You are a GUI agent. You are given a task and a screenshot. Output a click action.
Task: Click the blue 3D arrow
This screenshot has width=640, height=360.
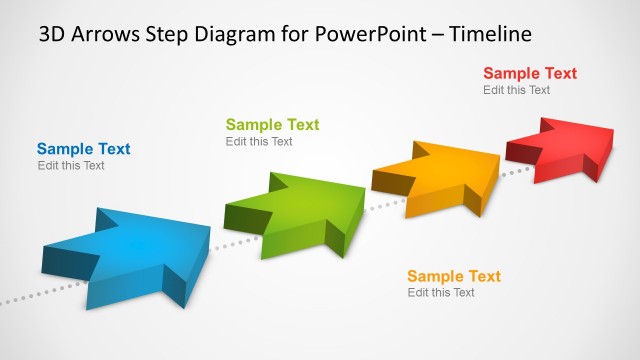click(x=130, y=250)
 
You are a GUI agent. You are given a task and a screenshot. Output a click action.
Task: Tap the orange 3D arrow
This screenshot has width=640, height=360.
click(x=440, y=176)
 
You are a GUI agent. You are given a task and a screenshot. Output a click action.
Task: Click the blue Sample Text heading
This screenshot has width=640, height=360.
click(x=84, y=149)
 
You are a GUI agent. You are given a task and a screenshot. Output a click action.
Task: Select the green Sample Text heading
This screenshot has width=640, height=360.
click(x=272, y=125)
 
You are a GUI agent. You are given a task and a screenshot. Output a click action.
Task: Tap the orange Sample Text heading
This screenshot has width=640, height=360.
click(x=453, y=276)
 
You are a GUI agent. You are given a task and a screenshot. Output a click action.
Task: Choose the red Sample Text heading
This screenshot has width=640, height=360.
click(x=530, y=73)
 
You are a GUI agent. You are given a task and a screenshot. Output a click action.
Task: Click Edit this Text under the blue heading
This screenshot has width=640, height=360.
click(x=71, y=166)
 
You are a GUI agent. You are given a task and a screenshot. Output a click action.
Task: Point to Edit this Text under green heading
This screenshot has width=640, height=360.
click(x=259, y=142)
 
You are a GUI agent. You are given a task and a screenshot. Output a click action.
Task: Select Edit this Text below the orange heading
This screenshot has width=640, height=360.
click(x=441, y=293)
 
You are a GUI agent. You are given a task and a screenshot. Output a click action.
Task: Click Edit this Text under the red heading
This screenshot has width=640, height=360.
click(x=516, y=90)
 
